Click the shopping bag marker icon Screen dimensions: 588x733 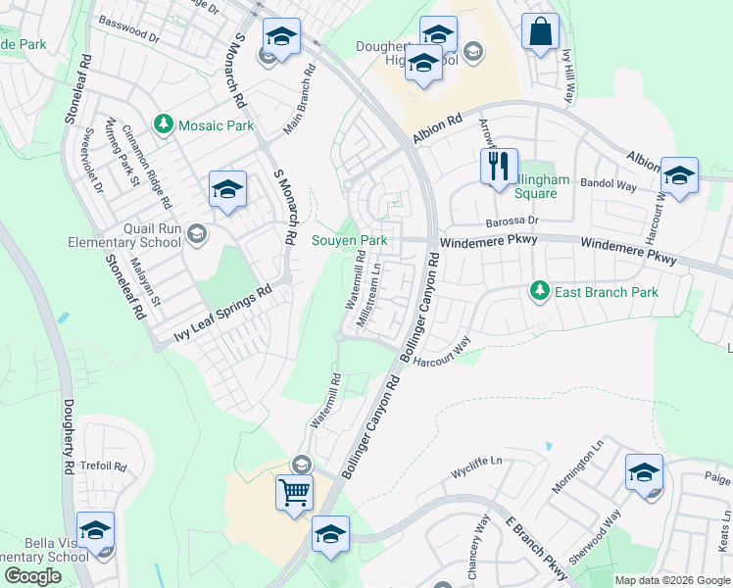point(540,31)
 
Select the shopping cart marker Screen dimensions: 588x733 point(294,492)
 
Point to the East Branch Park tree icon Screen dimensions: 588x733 point(538,291)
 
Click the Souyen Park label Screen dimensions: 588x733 point(349,240)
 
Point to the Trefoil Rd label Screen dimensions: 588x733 point(106,465)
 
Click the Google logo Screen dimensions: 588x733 point(32,576)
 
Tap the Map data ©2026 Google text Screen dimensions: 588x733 point(672,580)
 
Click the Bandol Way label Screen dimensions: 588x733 point(609,185)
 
